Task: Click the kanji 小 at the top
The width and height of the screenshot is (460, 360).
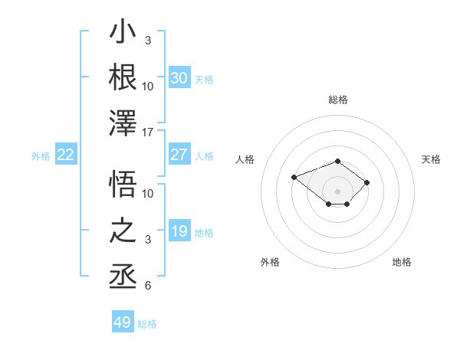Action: pyautogui.click(x=123, y=31)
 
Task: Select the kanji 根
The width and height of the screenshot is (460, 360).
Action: pyautogui.click(x=123, y=77)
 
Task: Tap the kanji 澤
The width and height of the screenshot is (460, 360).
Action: pyautogui.click(x=123, y=123)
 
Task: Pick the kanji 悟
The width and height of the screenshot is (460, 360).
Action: pyautogui.click(x=123, y=184)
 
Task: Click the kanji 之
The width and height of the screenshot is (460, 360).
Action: pyautogui.click(x=123, y=230)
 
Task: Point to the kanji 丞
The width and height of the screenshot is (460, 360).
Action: pyautogui.click(x=123, y=277)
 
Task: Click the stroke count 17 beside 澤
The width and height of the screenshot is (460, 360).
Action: pyautogui.click(x=147, y=133)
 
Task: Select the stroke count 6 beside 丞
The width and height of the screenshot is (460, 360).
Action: pyautogui.click(x=148, y=286)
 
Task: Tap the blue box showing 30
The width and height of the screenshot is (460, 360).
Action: pyautogui.click(x=179, y=77)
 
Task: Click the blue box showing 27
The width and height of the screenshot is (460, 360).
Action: pyautogui.click(x=179, y=154)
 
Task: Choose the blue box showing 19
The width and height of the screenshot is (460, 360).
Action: pyautogui.click(x=179, y=230)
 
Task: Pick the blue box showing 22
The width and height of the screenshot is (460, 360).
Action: pyautogui.click(x=66, y=154)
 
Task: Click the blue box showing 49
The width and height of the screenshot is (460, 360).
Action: pyautogui.click(x=123, y=321)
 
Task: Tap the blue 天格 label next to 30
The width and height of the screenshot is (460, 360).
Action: pyautogui.click(x=204, y=80)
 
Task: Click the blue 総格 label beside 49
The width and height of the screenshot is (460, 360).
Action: pyautogui.click(x=147, y=324)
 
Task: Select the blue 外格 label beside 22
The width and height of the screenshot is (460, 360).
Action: pyautogui.click(x=41, y=156)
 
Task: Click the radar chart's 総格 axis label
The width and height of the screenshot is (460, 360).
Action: pyautogui.click(x=338, y=100)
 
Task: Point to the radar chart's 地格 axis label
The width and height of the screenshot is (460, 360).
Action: pyautogui.click(x=402, y=262)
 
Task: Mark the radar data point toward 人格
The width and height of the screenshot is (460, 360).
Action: pyautogui.click(x=294, y=178)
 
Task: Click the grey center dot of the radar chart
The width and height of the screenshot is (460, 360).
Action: pyautogui.click(x=337, y=191)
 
